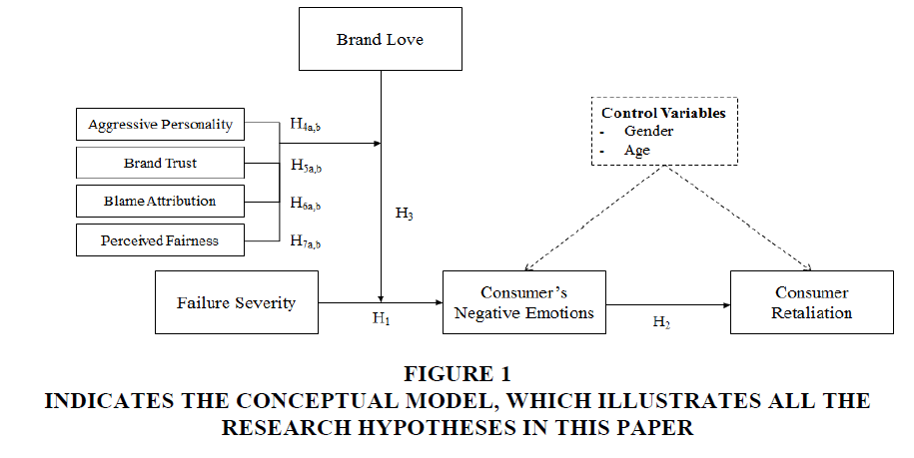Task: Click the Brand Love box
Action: pyautogui.click(x=381, y=39)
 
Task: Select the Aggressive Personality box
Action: pyautogui.click(x=160, y=124)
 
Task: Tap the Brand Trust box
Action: pyautogui.click(x=160, y=163)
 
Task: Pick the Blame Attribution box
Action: pyautogui.click(x=160, y=202)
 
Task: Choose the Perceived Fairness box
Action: pyautogui.click(x=160, y=240)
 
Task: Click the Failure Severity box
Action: pyautogui.click(x=237, y=302)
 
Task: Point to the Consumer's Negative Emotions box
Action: pyautogui.click(x=524, y=302)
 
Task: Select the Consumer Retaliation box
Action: pyautogui.click(x=811, y=302)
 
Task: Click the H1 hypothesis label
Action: pyautogui.click(x=382, y=319)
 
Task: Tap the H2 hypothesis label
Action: pyautogui.click(x=661, y=322)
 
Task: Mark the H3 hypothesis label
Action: pyautogui.click(x=405, y=214)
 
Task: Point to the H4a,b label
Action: pyautogui.click(x=306, y=125)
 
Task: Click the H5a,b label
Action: pyautogui.click(x=306, y=166)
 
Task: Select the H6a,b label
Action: pyautogui.click(x=306, y=204)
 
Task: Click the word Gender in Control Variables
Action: pyautogui.click(x=648, y=131)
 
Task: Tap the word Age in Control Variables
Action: pyautogui.click(x=637, y=150)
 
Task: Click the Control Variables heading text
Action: pyautogui.click(x=664, y=113)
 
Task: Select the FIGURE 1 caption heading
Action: pyautogui.click(x=457, y=373)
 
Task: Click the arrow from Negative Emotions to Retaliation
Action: pyautogui.click(x=668, y=305)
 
